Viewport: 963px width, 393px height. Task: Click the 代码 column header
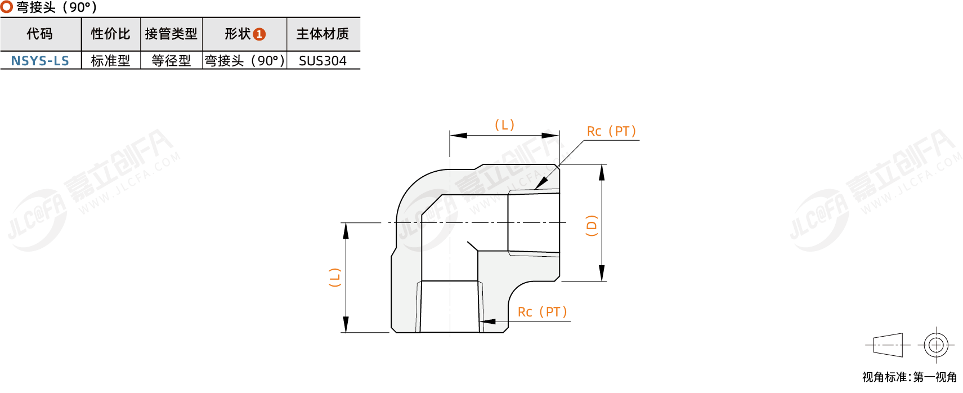(40, 34)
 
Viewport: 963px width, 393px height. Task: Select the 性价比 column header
(110, 34)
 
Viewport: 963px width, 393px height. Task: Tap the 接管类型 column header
(171, 34)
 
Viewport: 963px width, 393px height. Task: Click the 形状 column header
(238, 34)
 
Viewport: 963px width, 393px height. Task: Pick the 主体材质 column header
(323, 34)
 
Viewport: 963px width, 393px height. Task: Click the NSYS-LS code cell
(40, 61)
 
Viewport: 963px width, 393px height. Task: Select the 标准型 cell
(110, 61)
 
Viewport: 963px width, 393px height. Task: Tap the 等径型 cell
(171, 61)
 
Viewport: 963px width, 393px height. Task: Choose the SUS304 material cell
(323, 61)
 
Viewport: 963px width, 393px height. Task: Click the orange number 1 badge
(259, 34)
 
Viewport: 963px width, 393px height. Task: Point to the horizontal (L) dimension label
(504, 125)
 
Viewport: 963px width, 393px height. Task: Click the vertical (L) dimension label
(335, 278)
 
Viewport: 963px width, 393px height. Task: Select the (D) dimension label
(592, 225)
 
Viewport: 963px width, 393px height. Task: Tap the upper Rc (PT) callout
(611, 132)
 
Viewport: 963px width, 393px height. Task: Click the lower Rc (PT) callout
(542, 312)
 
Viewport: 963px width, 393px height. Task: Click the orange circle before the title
(7, 7)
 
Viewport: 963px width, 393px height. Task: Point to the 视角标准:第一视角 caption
(909, 377)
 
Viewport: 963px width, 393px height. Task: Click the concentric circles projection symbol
(936, 345)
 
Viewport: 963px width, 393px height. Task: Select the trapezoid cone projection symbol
(888, 345)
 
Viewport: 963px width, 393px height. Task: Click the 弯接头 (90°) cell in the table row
(244, 61)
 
